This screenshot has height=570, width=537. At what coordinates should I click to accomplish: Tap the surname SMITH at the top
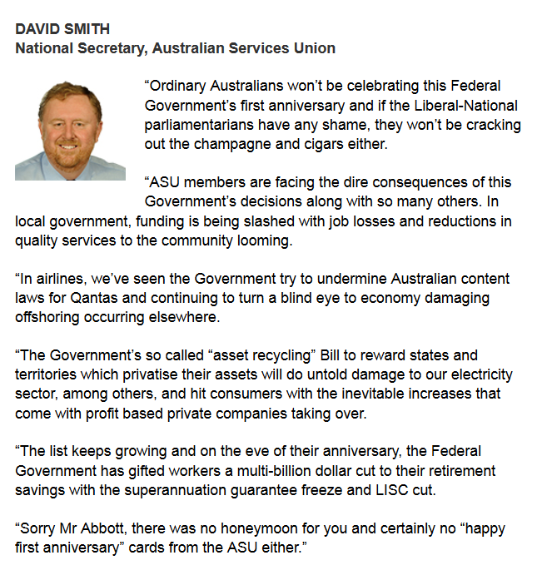[x=87, y=29]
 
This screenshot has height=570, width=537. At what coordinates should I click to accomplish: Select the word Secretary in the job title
[x=107, y=47]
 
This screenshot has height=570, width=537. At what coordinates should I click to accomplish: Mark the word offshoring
[x=50, y=316]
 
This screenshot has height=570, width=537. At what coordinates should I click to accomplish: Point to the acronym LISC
[x=390, y=489]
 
